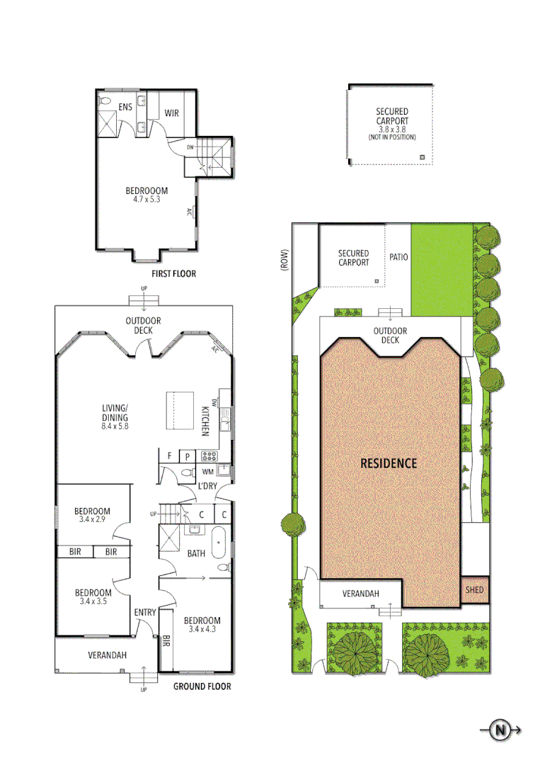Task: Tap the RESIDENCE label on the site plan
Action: [389, 464]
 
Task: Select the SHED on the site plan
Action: [474, 589]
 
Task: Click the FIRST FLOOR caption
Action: [174, 273]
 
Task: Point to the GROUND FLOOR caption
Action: [202, 686]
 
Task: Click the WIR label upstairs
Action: [172, 113]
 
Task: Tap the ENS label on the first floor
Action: [125, 108]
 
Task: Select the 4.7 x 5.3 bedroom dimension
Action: [147, 200]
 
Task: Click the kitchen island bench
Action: [180, 410]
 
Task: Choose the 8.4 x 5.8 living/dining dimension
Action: [114, 426]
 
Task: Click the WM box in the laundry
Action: [208, 471]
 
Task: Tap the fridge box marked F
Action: [170, 456]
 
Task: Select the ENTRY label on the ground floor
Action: [145, 613]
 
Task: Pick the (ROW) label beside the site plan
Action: [284, 261]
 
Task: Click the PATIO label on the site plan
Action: [398, 257]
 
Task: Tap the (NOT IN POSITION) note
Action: [391, 137]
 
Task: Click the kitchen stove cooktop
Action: [209, 456]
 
